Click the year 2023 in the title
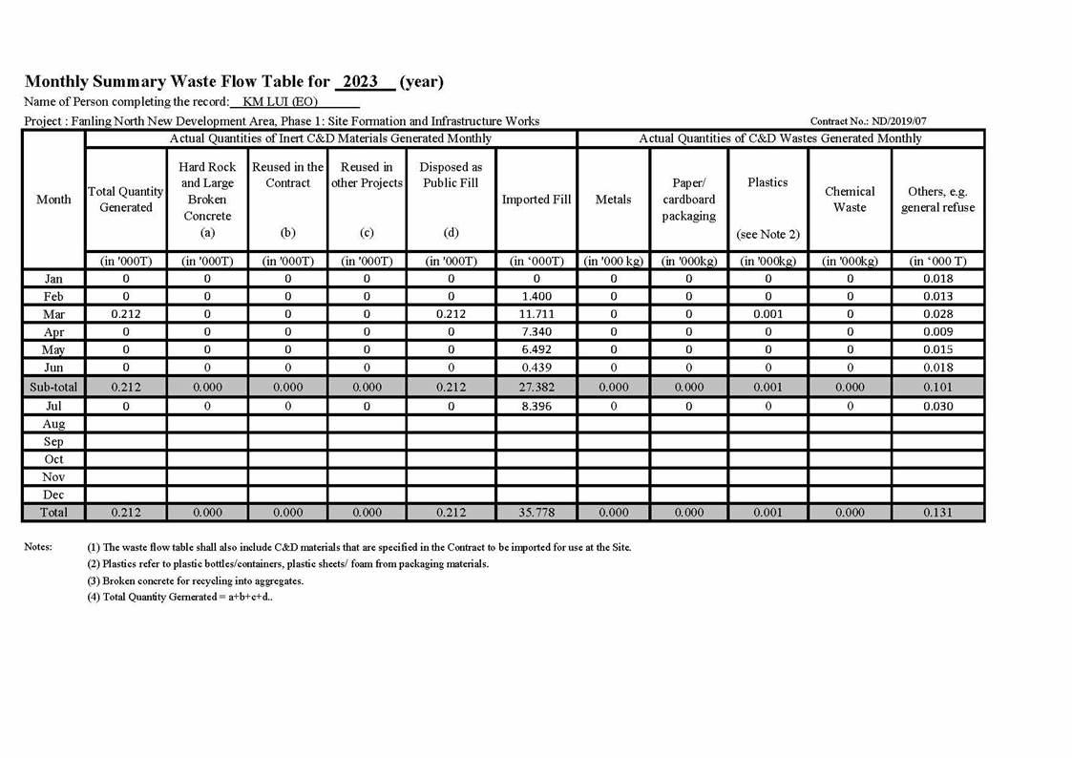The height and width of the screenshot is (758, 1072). [x=361, y=82]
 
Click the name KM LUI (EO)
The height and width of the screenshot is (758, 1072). [x=280, y=102]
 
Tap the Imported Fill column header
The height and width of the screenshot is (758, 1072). [x=536, y=200]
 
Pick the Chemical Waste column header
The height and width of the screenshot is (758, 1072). [x=850, y=200]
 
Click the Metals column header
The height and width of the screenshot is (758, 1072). [x=613, y=200]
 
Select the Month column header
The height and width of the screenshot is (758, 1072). [x=53, y=200]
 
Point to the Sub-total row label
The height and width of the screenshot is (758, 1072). [x=53, y=388]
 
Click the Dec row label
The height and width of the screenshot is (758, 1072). [x=53, y=495]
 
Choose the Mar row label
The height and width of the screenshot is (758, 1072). [x=53, y=314]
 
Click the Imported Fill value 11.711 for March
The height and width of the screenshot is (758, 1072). [x=536, y=314]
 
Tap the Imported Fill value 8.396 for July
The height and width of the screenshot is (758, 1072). [x=536, y=406]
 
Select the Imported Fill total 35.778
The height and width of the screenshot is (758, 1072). [x=536, y=513]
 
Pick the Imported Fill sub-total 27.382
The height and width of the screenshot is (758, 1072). [x=536, y=388]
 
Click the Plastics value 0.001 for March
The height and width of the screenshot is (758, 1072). [x=767, y=314]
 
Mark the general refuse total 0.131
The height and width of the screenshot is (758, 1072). [x=937, y=513]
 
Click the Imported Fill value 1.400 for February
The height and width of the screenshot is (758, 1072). [x=536, y=297]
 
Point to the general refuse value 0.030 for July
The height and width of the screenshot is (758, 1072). [x=937, y=406]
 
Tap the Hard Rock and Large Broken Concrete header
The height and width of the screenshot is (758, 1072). [x=207, y=199]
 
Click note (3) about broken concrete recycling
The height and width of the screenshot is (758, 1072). [x=196, y=580]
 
